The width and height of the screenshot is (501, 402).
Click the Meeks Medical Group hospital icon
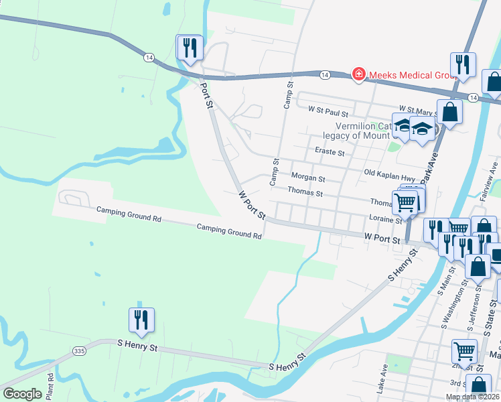(358, 74)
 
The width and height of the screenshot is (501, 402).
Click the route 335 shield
(79, 350)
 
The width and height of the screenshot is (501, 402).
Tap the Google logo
(22, 394)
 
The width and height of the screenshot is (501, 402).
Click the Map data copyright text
(472, 397)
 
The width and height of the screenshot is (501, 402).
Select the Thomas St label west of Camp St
(305, 193)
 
